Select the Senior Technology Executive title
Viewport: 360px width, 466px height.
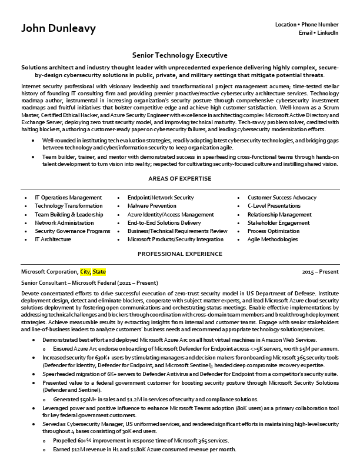coord(180,55)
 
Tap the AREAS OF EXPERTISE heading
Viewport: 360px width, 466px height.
coord(180,179)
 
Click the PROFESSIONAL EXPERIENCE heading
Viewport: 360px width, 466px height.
coord(180,254)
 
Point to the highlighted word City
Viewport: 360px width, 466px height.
coord(85,272)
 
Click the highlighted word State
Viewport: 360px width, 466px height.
coord(99,272)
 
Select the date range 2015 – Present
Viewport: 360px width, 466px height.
coord(320,272)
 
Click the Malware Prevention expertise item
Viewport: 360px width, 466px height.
coord(151,206)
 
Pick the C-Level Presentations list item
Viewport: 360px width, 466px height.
coord(274,206)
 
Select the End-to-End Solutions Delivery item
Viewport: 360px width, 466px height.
coord(164,223)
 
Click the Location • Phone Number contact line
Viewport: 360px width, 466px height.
coord(306,25)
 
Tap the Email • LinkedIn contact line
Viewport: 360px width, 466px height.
coord(318,33)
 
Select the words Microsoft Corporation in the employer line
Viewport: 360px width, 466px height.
coord(49,272)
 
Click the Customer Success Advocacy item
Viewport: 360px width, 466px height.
coord(282,198)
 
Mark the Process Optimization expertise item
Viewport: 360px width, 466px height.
coord(274,231)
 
